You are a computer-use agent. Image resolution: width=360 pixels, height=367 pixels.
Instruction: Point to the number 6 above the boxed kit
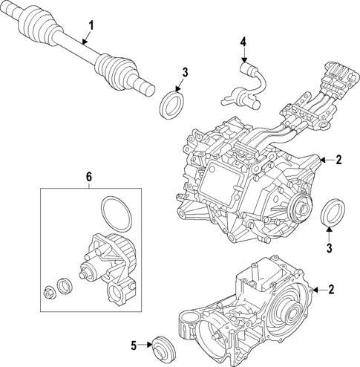pos(88,176)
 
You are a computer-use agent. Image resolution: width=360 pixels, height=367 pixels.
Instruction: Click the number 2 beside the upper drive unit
pos(338,159)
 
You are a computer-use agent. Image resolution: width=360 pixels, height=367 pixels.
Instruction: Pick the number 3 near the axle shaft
pos(186,72)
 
